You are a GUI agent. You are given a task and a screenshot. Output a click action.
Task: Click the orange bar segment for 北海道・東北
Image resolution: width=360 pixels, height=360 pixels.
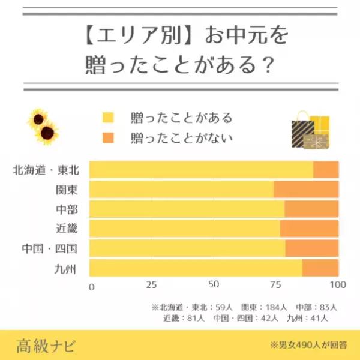pyautogui.click(x=326, y=170)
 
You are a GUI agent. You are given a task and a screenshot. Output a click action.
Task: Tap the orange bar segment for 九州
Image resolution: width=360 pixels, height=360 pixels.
pyautogui.click(x=320, y=268)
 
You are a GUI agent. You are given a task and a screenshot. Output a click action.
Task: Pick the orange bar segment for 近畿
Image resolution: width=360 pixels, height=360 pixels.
pyautogui.click(x=309, y=229)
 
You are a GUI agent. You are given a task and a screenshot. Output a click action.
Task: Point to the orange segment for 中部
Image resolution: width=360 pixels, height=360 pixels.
pyautogui.click(x=311, y=209)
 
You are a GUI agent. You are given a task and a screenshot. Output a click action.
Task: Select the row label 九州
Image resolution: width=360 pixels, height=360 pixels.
pyautogui.click(x=68, y=268)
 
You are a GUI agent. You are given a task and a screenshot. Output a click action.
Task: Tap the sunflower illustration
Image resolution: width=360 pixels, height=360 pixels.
pyautogui.click(x=43, y=126)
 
